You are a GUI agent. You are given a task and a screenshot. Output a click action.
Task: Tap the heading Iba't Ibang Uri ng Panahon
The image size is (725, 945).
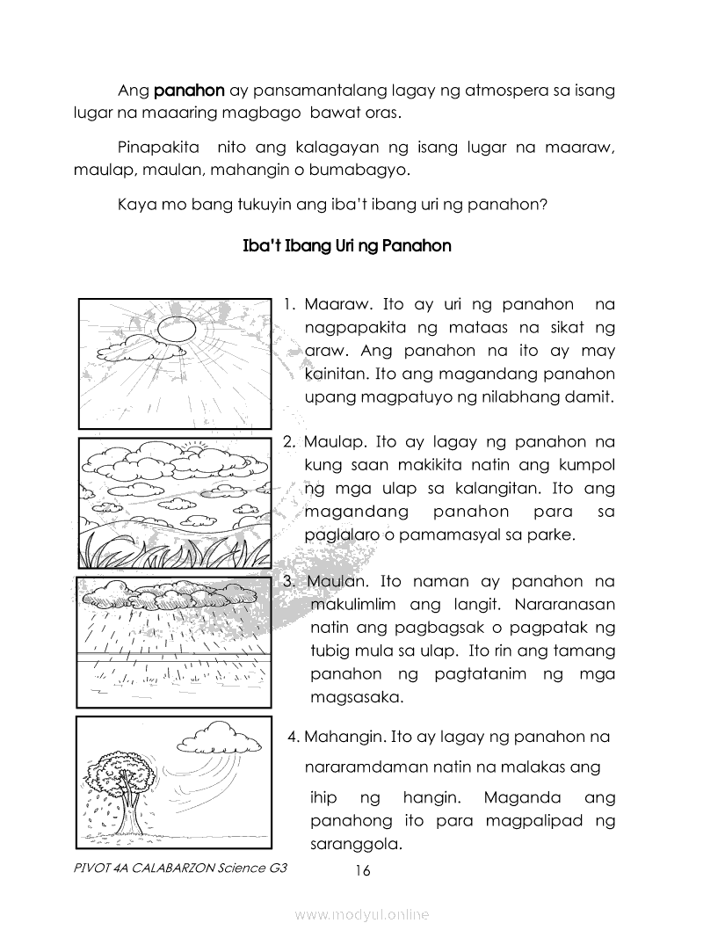point(346,246)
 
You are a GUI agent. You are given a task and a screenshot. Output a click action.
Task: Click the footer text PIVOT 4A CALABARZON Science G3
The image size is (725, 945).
point(182,868)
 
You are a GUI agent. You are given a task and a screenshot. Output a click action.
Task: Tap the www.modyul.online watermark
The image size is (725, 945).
point(362,915)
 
